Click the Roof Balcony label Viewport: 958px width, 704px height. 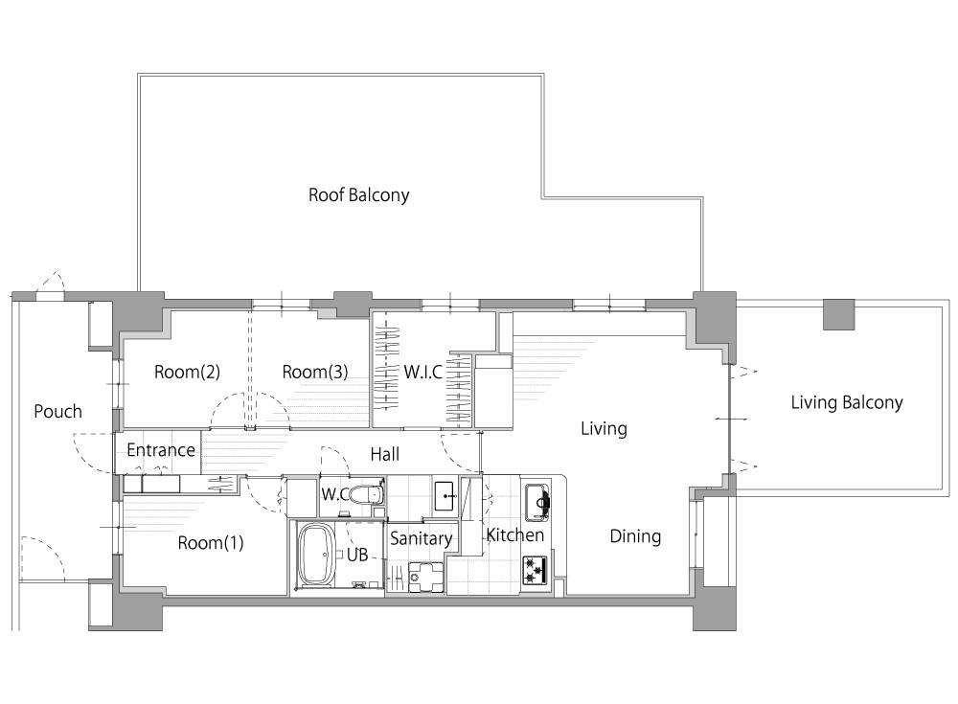pyautogui.click(x=358, y=195)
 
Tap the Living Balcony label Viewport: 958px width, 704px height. pyautogui.click(x=847, y=402)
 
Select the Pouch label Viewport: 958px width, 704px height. pyautogui.click(x=58, y=411)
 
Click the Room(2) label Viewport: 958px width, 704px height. pyautogui.click(x=187, y=372)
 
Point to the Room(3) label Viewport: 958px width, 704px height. pyautogui.click(x=315, y=372)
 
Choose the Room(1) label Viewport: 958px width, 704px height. pyautogui.click(x=211, y=543)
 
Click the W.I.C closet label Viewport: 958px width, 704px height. pyautogui.click(x=422, y=372)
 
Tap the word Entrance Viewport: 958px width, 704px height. pyautogui.click(x=161, y=450)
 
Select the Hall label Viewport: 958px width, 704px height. pyautogui.click(x=385, y=454)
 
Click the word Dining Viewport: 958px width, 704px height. pyautogui.click(x=635, y=536)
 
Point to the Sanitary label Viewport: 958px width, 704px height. pyautogui.click(x=421, y=538)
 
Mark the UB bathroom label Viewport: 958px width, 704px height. pyautogui.click(x=357, y=555)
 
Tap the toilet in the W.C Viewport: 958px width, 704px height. pyautogui.click(x=369, y=492)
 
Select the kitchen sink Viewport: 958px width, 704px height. pyautogui.click(x=537, y=502)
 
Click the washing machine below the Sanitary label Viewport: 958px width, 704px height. pyautogui.click(x=426, y=577)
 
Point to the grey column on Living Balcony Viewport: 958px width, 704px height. pyautogui.click(x=839, y=314)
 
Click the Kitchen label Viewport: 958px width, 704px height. pyautogui.click(x=515, y=535)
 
